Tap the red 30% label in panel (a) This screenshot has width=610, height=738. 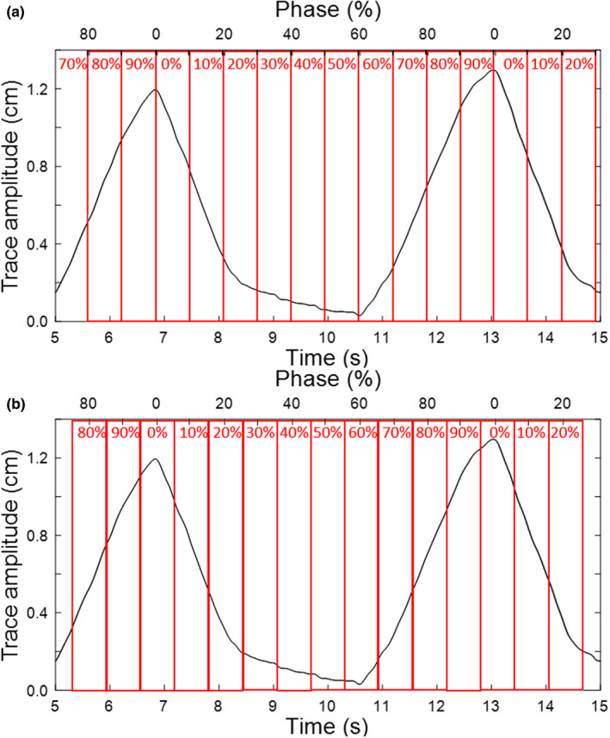point(274,64)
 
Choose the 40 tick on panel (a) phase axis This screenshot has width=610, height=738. point(291,34)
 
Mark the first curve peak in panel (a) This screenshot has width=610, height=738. point(156,89)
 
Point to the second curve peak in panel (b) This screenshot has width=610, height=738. point(493,440)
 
